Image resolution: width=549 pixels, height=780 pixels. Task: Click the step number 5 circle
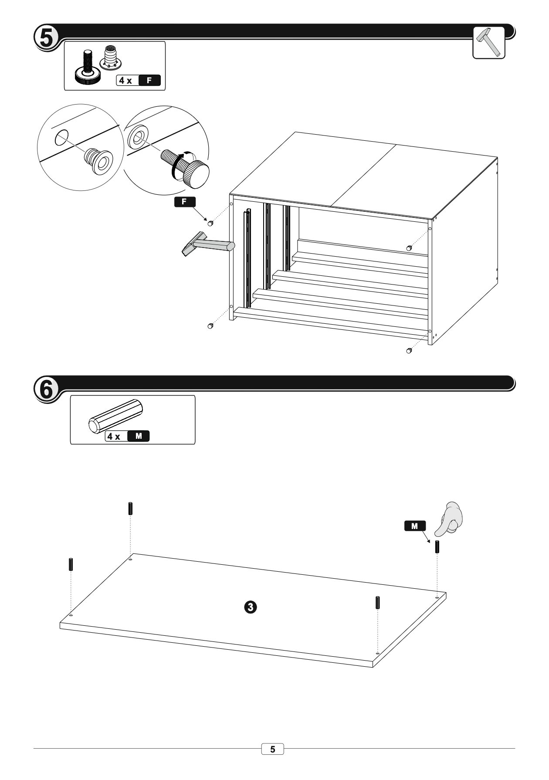pos(45,38)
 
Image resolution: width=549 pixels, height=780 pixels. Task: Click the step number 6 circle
pos(45,389)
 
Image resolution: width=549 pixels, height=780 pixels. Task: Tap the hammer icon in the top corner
pos(489,42)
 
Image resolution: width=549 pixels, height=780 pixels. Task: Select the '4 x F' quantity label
pos(139,80)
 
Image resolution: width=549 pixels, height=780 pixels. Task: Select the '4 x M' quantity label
pos(127,436)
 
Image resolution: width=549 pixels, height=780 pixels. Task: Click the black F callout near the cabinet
pos(185,202)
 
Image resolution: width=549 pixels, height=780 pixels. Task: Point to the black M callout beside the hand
pos(414,526)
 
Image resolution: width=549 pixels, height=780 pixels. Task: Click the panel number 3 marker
pos(251,606)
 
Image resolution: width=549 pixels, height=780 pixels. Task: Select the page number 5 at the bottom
pos(273,749)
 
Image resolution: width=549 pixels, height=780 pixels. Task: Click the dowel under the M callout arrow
pos(437,547)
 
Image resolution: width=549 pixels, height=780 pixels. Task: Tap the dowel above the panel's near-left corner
pos(71,564)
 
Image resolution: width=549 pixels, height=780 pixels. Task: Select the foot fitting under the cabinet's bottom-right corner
pos(409,350)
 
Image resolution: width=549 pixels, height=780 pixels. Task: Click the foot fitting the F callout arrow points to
pos(210,223)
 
